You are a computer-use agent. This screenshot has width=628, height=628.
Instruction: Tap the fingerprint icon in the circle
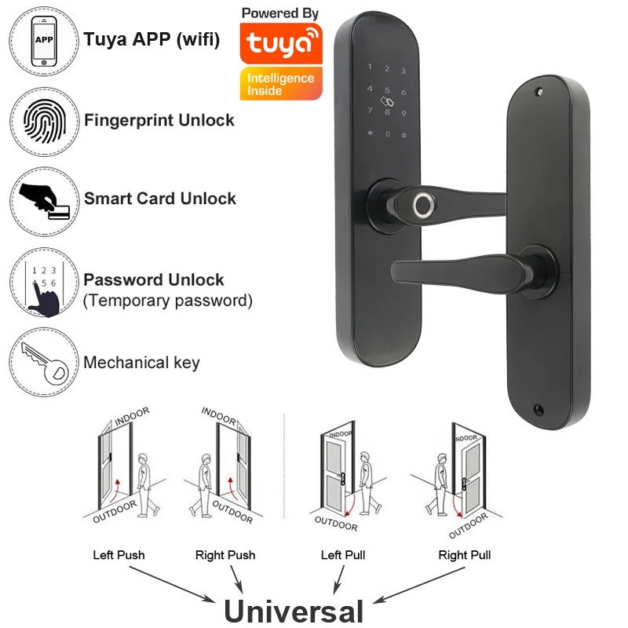[x=44, y=120]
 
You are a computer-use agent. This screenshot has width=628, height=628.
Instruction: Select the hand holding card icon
[x=44, y=199]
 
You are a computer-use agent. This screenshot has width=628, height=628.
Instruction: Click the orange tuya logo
[x=280, y=45]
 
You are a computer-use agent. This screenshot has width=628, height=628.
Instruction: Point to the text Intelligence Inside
[x=280, y=84]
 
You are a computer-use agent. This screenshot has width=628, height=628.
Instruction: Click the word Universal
[x=294, y=611]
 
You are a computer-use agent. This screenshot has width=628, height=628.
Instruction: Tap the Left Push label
[x=119, y=555]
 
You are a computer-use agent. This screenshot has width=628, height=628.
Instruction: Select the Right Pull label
[x=465, y=555]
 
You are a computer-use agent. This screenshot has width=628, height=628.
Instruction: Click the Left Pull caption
[x=343, y=555]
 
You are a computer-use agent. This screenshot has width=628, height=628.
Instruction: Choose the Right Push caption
[x=225, y=555]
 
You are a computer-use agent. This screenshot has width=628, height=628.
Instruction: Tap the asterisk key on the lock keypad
[x=370, y=133]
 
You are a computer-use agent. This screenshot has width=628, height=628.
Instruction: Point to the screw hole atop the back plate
[x=539, y=92]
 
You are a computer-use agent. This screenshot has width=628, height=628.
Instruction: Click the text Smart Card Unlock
[x=159, y=199]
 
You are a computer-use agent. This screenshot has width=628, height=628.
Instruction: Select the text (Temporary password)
[x=168, y=300]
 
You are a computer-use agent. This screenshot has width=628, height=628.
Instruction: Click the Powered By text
[x=280, y=13]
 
